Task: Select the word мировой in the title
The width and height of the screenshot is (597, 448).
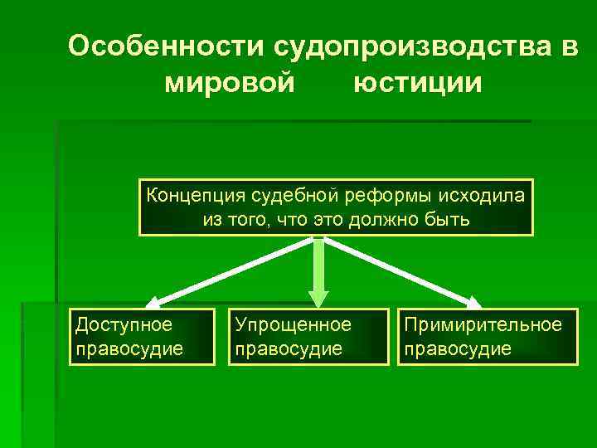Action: pyautogui.click(x=230, y=84)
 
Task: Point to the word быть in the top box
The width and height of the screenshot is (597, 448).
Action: pyautogui.click(x=449, y=220)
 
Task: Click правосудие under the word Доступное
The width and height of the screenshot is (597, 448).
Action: pyautogui.click(x=129, y=348)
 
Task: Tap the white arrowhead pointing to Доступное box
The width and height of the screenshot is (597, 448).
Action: pyautogui.click(x=156, y=302)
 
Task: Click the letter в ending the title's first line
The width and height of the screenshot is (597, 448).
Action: pyautogui.click(x=570, y=47)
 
